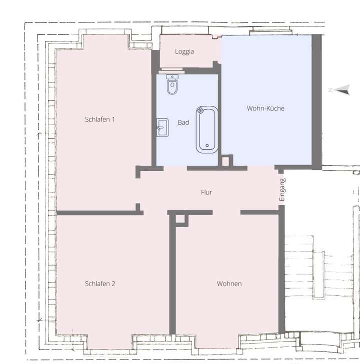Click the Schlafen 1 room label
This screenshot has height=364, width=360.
pos(100,119)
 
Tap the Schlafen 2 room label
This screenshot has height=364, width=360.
pos(100,284)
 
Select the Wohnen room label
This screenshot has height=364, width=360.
pos(229,284)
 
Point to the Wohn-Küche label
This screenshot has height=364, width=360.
pos(265,108)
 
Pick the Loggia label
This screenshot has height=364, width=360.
pos(184,51)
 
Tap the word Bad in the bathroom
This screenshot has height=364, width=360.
pos(183,122)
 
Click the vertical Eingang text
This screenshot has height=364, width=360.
pos(282,190)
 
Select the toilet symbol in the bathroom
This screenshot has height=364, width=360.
pos(172,85)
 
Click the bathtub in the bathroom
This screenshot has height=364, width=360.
pos(205,129)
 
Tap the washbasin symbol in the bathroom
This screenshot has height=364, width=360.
pos(163,127)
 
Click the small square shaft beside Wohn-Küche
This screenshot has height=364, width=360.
pos(227,161)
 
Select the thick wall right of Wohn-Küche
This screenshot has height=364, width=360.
pos(316,100)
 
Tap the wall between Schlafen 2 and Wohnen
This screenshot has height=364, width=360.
pos(172,275)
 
